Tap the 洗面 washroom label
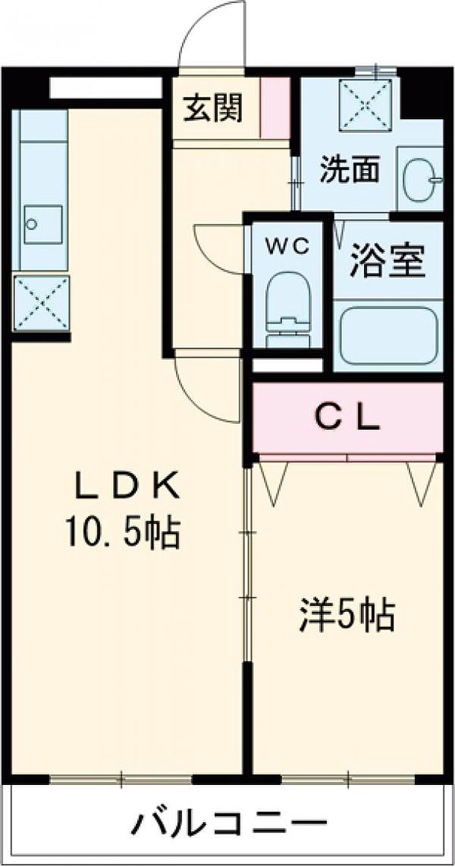[348, 169]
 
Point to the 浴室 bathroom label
[387, 261]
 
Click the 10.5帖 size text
[123, 533]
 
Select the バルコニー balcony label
[229, 831]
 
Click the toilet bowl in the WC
[289, 310]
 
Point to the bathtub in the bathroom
[389, 335]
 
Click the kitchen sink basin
[43, 224]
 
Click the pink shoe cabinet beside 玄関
[275, 107]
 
